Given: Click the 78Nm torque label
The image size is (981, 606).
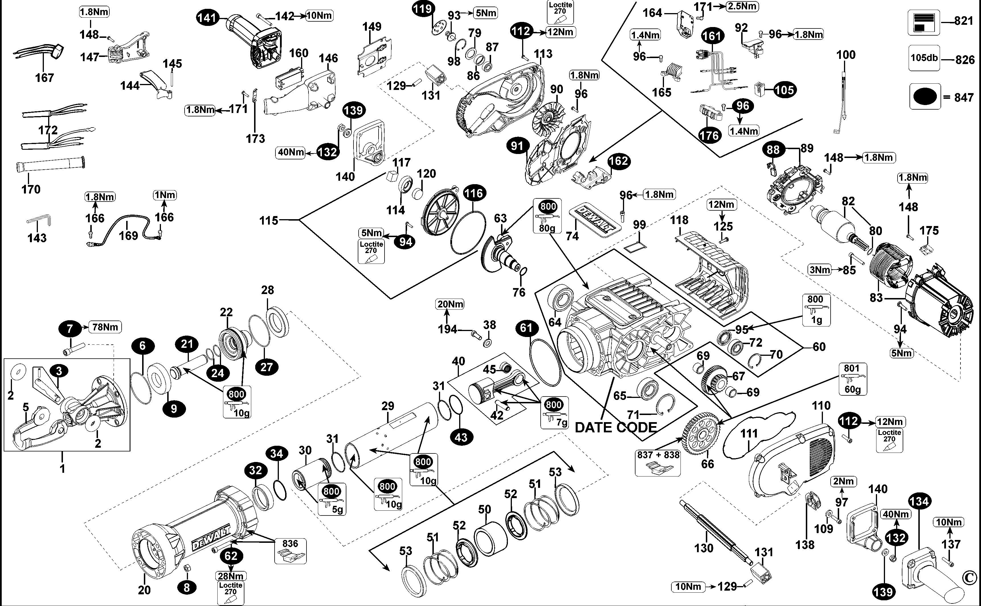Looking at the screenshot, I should (x=105, y=327).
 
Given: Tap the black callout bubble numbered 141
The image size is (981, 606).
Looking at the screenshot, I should (x=207, y=18).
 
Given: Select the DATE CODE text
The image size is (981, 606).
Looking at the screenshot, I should (x=616, y=428).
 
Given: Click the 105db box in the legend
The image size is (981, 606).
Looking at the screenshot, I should (x=924, y=58).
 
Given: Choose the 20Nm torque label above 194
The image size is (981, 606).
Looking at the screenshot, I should (x=450, y=304).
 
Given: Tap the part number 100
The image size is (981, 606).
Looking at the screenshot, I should (x=845, y=55).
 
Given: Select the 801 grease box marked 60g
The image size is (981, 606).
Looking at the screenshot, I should (x=852, y=379).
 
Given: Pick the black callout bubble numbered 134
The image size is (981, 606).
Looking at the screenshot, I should (x=919, y=501).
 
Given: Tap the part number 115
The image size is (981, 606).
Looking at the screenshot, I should (x=268, y=220).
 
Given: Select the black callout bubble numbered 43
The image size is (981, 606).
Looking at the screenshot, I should (x=461, y=437).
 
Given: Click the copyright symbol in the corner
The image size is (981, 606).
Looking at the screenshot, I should (x=969, y=578).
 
